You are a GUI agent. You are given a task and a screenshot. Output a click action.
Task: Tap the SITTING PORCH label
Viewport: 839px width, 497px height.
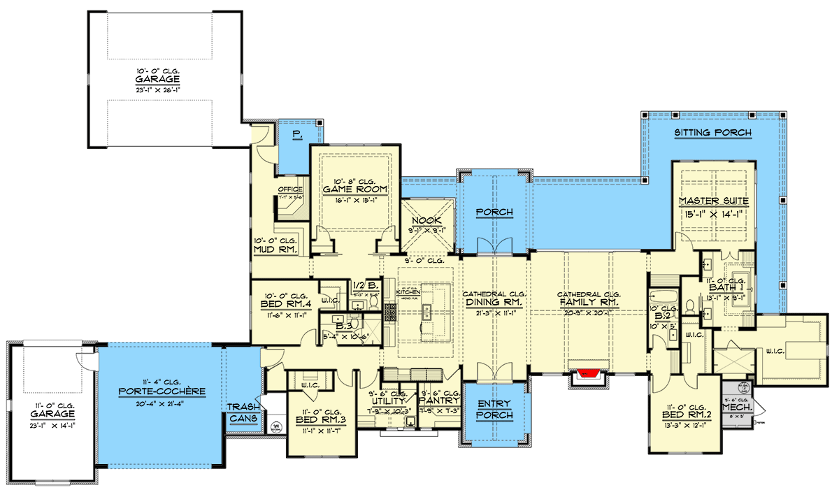tap(712, 133)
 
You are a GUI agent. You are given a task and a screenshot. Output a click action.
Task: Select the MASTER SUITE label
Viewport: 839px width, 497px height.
tap(713, 201)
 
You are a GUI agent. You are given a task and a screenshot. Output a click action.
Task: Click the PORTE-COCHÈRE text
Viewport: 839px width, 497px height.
tap(162, 391)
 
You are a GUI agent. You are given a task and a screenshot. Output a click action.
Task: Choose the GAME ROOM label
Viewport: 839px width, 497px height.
tap(346, 189)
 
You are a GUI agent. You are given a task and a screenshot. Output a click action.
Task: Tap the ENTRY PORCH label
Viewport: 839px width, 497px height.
tap(495, 410)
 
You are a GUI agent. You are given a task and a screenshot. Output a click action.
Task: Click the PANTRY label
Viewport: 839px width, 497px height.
tap(440, 401)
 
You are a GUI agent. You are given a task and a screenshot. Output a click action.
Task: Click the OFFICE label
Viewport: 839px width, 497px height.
tap(289, 189)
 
